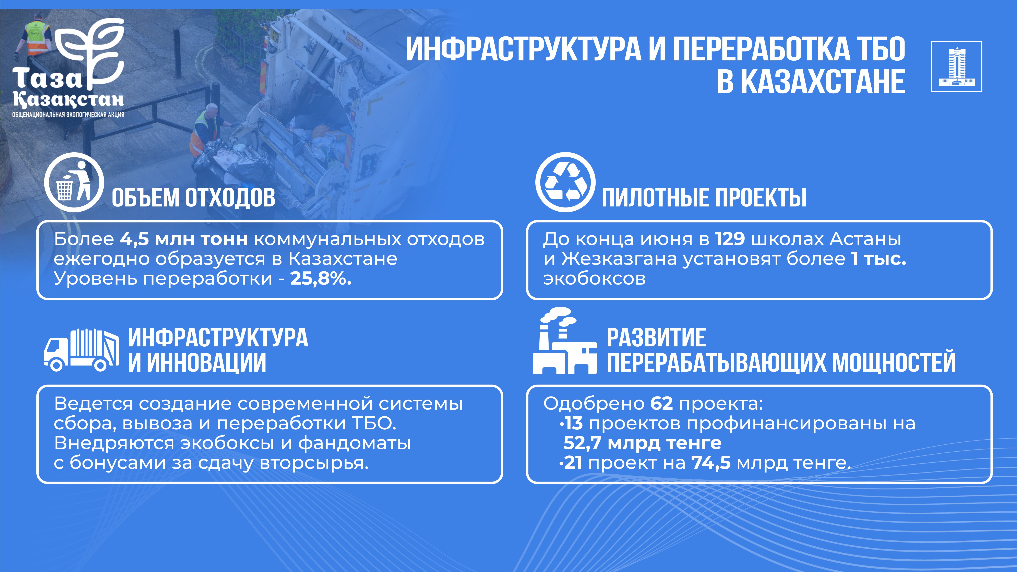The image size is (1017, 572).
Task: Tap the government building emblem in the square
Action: tap(957, 66)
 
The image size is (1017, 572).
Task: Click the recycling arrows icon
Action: tap(565, 182)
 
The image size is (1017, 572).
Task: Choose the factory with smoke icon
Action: tap(565, 340)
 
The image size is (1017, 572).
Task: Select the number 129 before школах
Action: tap(730, 239)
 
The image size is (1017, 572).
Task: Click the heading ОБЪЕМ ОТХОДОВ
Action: tap(193, 197)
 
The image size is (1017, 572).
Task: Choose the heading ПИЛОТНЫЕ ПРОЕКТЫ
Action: tap(704, 197)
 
